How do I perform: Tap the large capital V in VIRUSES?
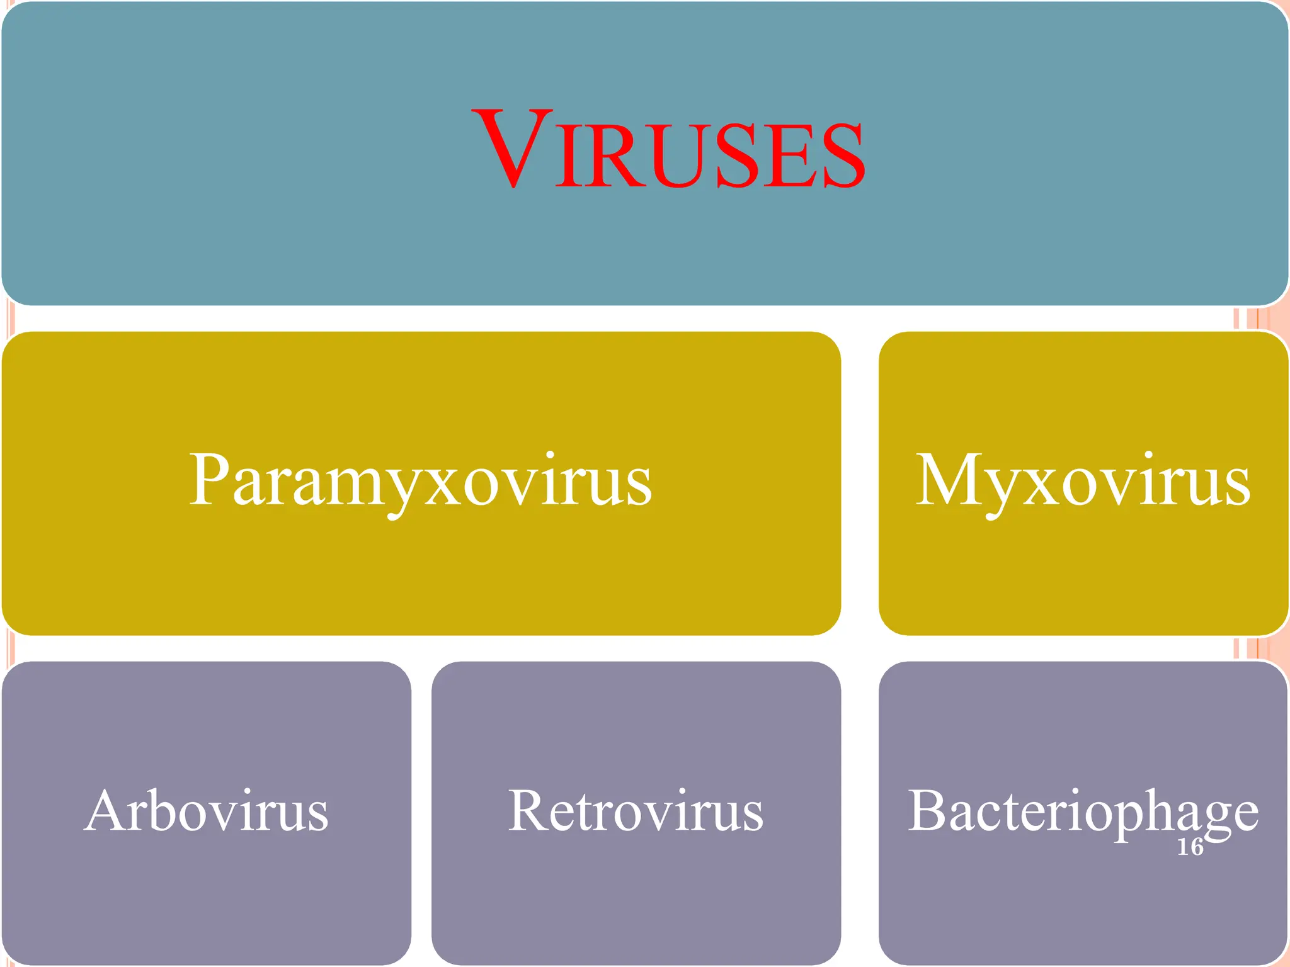coord(515,149)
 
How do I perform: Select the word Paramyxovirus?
coord(421,481)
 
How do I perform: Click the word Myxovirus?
coord(1083,481)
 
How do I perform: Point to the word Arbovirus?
coord(207,811)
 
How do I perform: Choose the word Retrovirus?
coord(636,811)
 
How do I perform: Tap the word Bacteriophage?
coord(1083,811)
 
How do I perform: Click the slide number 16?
coord(1190,847)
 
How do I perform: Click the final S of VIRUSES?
coord(843,156)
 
